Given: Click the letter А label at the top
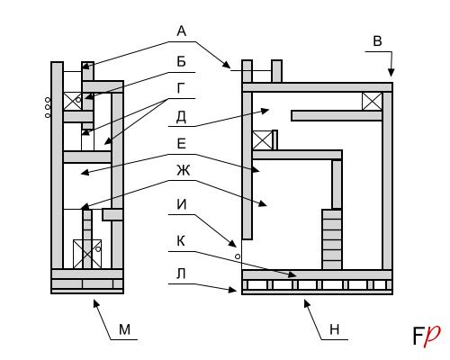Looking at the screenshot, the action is point(182,31).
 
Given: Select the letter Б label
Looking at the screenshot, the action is point(181,61).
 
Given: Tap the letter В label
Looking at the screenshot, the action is point(377,40).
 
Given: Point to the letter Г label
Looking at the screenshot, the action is point(181,88).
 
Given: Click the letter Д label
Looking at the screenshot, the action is point(181,116).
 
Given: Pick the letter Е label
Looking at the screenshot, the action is point(181,144).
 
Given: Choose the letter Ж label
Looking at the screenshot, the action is point(183,170).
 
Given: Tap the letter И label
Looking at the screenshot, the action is point(182,204).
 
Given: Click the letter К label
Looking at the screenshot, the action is point(181,241).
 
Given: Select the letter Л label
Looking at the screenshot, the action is point(181,274).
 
